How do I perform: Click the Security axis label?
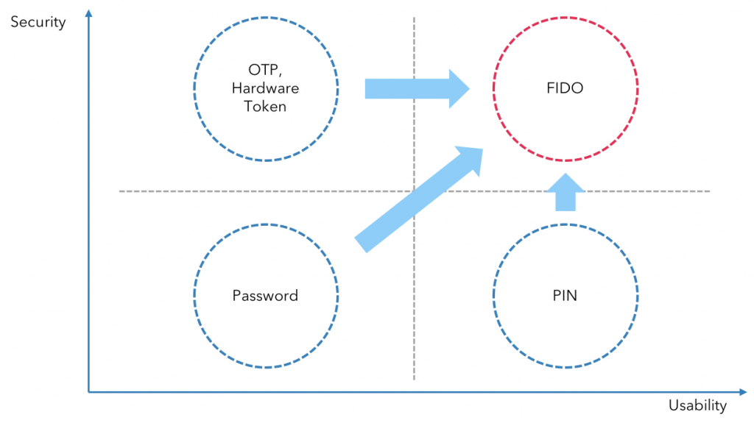point(38,22)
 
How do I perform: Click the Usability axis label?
point(697,405)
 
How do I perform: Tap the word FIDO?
point(565,89)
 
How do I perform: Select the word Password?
point(265,296)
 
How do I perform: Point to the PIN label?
point(565,296)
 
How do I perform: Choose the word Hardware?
point(265,89)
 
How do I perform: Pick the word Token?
point(265,107)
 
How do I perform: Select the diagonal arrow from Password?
point(412,202)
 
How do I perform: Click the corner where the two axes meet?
point(88,392)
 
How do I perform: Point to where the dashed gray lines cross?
point(414,191)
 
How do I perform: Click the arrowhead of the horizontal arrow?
point(460,89)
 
